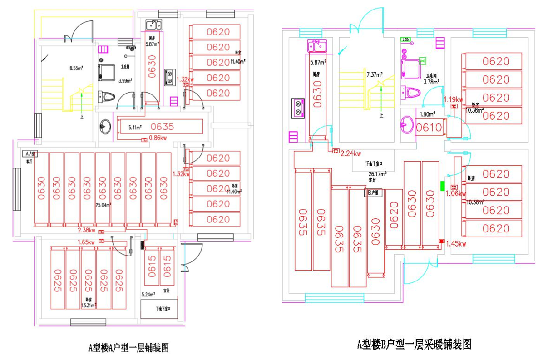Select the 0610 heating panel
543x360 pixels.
pyautogui.click(x=429, y=128)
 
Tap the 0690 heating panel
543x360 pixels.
pyautogui.click(x=375, y=232)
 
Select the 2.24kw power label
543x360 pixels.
pyautogui.click(x=351, y=153)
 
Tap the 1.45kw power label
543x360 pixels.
pyautogui.click(x=456, y=244)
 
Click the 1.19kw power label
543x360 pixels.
pyautogui.click(x=453, y=99)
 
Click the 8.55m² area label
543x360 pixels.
pyautogui.click(x=76, y=69)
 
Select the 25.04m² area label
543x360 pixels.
pyautogui.click(x=104, y=205)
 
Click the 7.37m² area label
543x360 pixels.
pyautogui.click(x=375, y=74)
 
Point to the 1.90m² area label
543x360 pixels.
pyautogui.click(x=427, y=114)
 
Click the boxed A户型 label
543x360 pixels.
pyautogui.click(x=30, y=154)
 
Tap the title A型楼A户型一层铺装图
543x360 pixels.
pyautogui.click(x=128, y=348)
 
